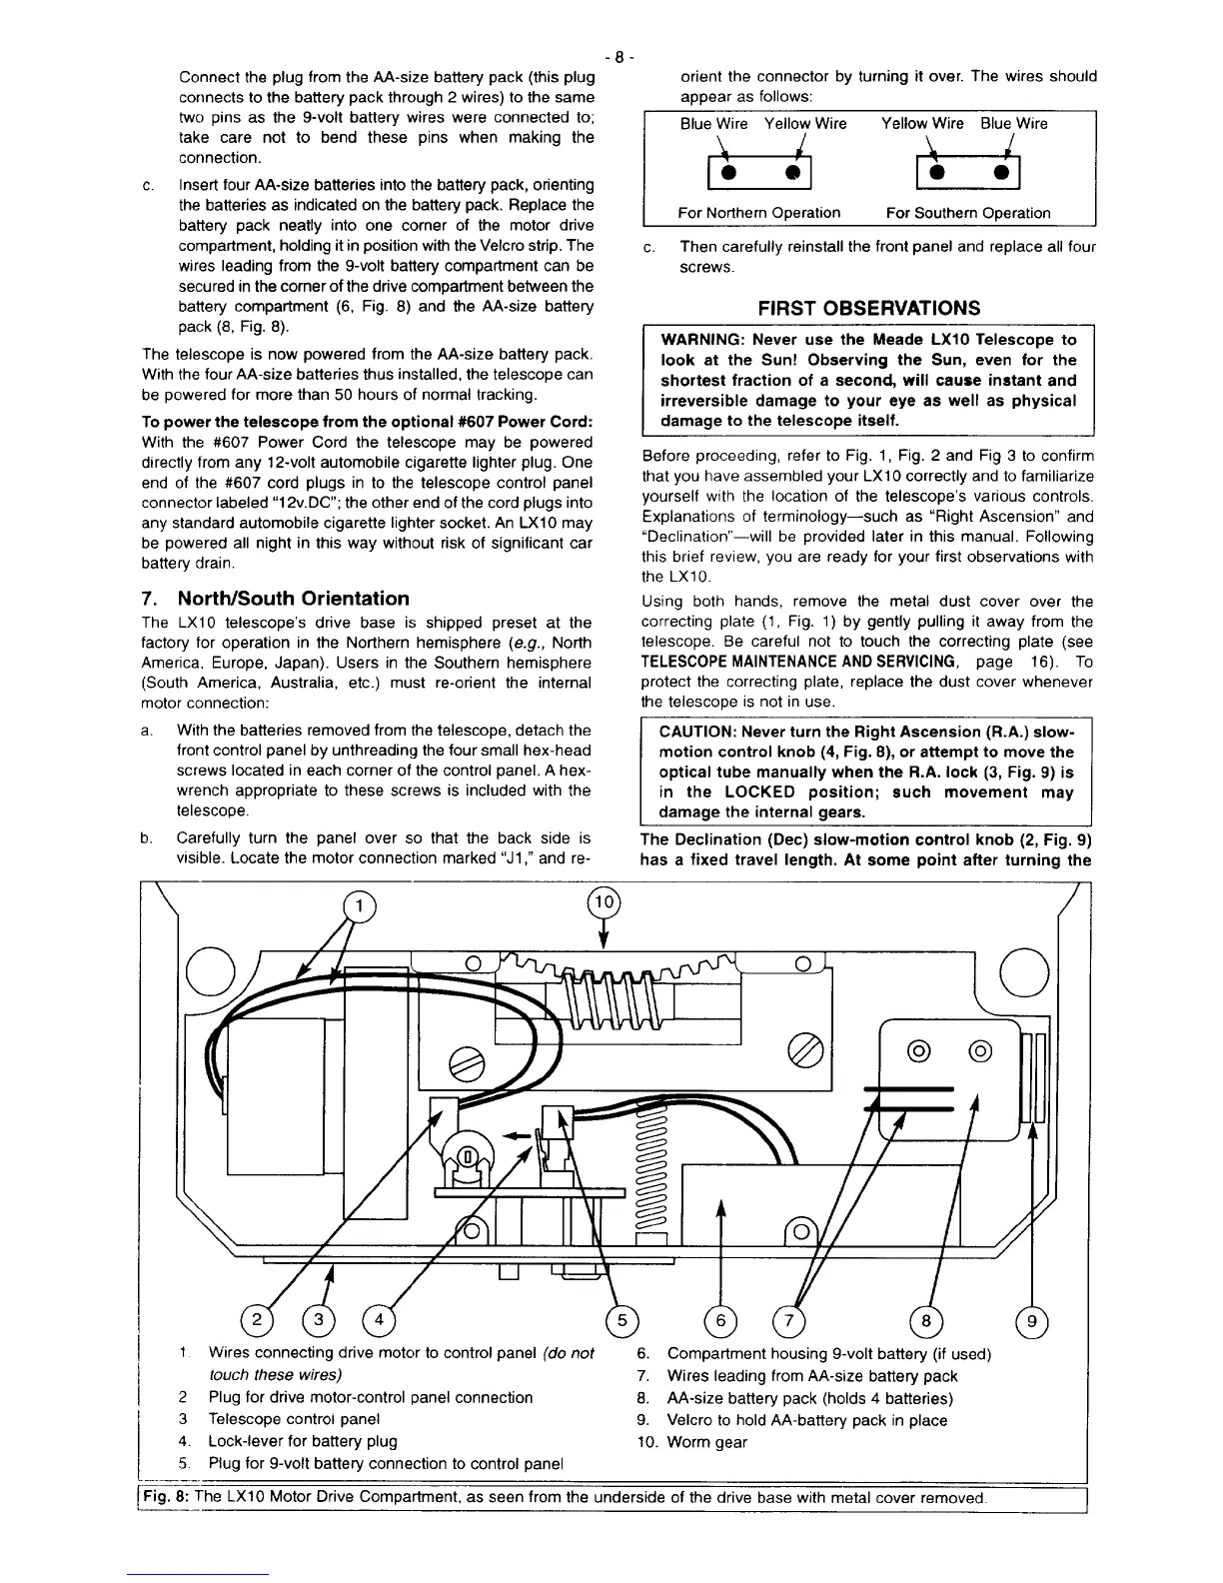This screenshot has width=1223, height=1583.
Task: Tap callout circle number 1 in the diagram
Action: click(360, 907)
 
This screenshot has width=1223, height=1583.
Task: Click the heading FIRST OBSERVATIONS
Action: click(868, 307)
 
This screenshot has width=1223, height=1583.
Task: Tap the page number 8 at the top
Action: click(618, 57)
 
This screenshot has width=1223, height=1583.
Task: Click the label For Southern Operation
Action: click(967, 213)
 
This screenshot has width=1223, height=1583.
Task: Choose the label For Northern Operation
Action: click(758, 213)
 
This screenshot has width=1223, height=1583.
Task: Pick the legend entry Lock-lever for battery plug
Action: click(302, 1441)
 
